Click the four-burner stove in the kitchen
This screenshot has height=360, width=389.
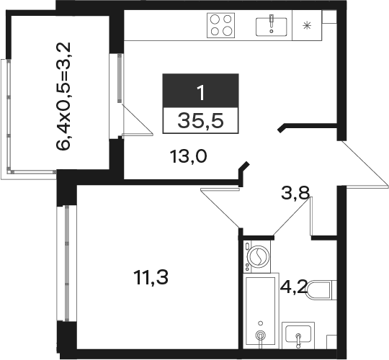tap(221, 25)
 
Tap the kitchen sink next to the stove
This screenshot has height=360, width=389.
tap(271, 27)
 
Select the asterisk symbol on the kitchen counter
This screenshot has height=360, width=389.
tap(307, 25)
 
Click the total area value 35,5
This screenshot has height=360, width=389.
tap(200, 121)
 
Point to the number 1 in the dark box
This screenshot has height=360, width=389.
tap(201, 92)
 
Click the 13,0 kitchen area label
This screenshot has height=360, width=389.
tap(188, 157)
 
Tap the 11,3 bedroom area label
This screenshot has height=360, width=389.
tap(151, 277)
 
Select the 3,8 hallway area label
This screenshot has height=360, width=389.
tap(295, 193)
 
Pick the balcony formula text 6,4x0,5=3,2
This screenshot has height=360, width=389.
tap(64, 96)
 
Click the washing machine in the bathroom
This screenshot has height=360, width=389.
tap(256, 256)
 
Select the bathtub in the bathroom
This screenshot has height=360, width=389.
tap(261, 310)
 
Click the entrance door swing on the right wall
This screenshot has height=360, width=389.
tap(362, 164)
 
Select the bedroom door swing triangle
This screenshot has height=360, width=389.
tap(220, 208)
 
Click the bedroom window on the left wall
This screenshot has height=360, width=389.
tap(66, 264)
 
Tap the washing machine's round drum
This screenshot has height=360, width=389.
tap(259, 256)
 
